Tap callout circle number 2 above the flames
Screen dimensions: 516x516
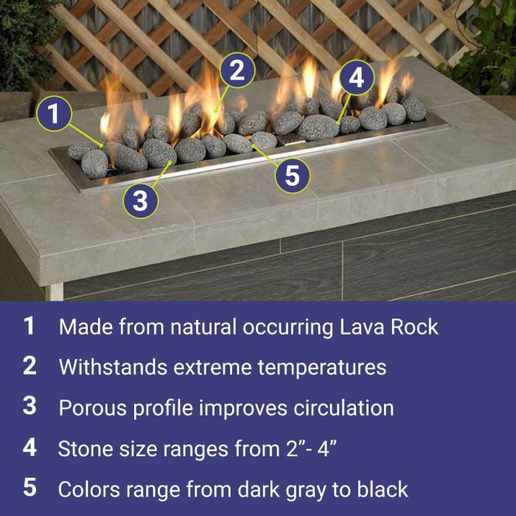click(237, 71)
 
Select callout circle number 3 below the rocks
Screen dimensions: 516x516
click(140, 201)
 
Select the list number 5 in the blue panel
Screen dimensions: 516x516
click(29, 487)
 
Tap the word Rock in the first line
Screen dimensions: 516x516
click(416, 327)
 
